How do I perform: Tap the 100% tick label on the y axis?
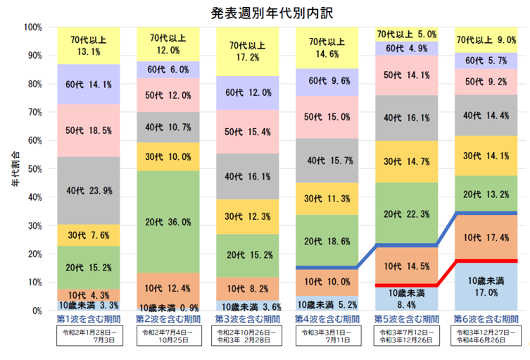click(32, 27)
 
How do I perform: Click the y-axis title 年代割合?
click(15, 169)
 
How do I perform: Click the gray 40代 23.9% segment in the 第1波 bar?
click(89, 190)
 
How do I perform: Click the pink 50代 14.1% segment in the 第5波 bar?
click(408, 75)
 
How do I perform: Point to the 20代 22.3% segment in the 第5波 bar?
click(408, 213)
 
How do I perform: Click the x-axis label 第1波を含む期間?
click(89, 319)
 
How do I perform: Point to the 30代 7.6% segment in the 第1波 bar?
click(89, 235)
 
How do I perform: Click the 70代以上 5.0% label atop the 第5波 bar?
click(408, 33)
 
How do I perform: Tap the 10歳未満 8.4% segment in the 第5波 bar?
click(408, 298)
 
